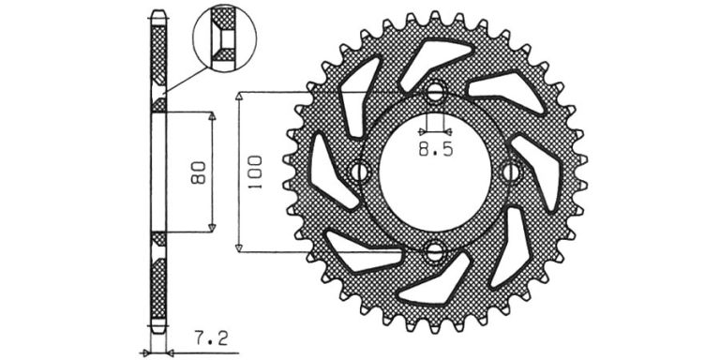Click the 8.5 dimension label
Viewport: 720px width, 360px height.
(436, 149)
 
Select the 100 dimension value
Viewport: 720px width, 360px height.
(255, 172)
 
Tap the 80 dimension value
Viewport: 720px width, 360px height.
(198, 172)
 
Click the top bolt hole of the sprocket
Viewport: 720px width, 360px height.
(435, 94)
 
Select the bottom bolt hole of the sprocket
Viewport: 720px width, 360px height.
(434, 252)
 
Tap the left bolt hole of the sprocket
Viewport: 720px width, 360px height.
(360, 172)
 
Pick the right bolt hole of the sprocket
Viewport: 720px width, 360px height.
(511, 172)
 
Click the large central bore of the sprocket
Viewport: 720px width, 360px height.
(435, 172)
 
